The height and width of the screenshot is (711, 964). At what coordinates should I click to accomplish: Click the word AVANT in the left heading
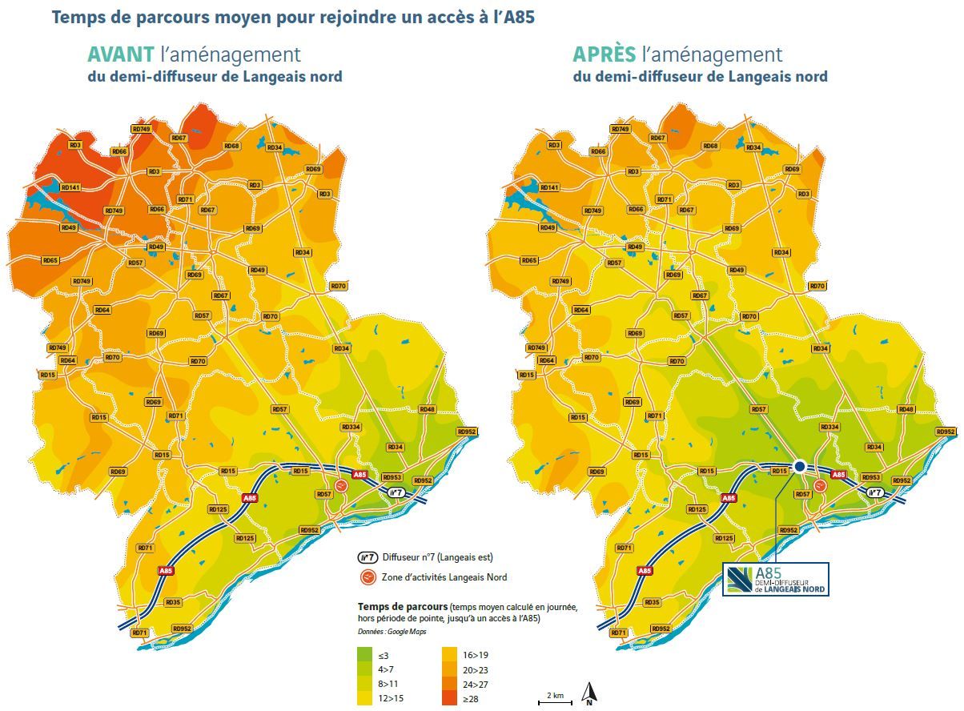coord(121,54)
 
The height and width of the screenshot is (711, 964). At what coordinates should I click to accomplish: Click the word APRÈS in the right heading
coord(603,54)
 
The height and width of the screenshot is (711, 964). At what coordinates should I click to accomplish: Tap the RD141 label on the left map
coord(70,187)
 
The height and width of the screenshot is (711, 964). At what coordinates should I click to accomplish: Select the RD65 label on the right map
coord(529,260)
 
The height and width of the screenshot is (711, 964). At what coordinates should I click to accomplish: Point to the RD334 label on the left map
coord(351,428)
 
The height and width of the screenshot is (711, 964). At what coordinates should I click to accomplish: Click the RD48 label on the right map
coord(906,409)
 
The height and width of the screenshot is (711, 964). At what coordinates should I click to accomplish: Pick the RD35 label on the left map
coord(173,602)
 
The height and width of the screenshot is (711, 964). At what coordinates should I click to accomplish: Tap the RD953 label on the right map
coord(871,477)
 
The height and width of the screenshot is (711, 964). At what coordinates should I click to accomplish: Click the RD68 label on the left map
coord(231,146)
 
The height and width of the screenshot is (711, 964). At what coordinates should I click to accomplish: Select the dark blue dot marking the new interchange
coord(799,467)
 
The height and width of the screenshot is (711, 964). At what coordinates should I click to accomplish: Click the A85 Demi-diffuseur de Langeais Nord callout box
coord(775,579)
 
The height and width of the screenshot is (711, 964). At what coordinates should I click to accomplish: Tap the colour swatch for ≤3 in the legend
coord(366,655)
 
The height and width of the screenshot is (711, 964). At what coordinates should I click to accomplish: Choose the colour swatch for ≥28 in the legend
coord(451,698)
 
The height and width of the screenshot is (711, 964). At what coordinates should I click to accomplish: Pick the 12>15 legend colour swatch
coord(366,698)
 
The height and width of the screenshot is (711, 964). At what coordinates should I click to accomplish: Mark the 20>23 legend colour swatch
coord(451,669)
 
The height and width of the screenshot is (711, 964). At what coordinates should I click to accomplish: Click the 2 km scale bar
coord(555,701)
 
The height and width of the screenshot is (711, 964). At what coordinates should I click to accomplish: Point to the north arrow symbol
coord(588,693)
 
